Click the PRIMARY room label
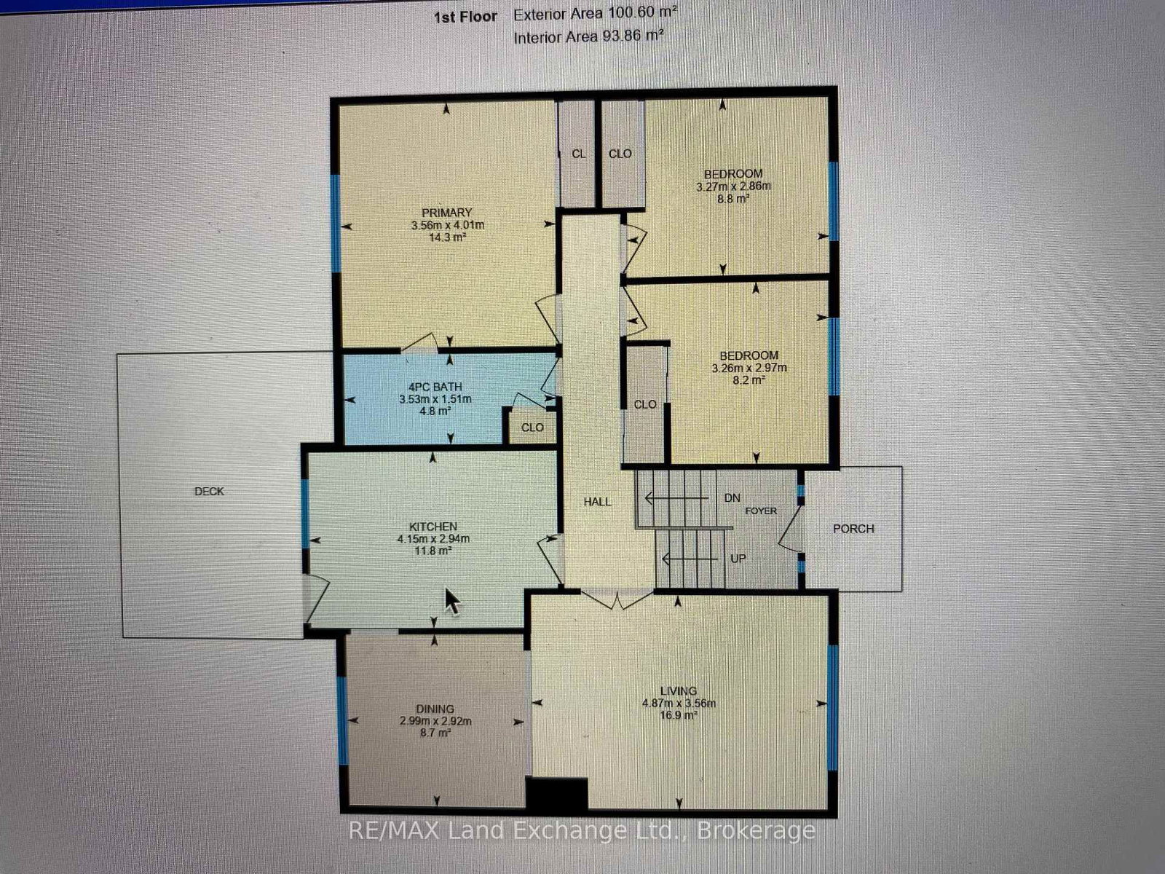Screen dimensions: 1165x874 point(446,213)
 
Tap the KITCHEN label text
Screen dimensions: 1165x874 point(433,527)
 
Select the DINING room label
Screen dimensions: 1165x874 point(435,709)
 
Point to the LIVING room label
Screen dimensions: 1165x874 point(679,691)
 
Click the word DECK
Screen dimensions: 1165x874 point(209,492)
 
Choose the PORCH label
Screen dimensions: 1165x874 point(853,529)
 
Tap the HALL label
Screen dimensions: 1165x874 point(597,502)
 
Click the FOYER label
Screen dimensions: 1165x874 point(761,511)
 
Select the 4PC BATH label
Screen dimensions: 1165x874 point(435,387)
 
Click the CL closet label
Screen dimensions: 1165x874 point(579,154)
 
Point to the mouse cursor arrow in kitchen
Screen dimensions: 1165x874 point(451,601)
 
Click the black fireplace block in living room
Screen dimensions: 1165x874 point(557,794)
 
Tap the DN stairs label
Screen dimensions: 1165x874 point(732,497)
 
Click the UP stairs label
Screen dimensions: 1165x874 point(738,558)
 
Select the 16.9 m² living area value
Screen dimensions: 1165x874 point(679,715)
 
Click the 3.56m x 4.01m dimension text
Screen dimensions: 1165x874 point(447,225)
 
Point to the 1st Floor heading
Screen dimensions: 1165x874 point(465,17)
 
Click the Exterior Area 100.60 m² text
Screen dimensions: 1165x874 point(595,13)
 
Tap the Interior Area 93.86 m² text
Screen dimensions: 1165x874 point(589,37)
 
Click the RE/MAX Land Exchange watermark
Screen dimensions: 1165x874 point(582,830)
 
